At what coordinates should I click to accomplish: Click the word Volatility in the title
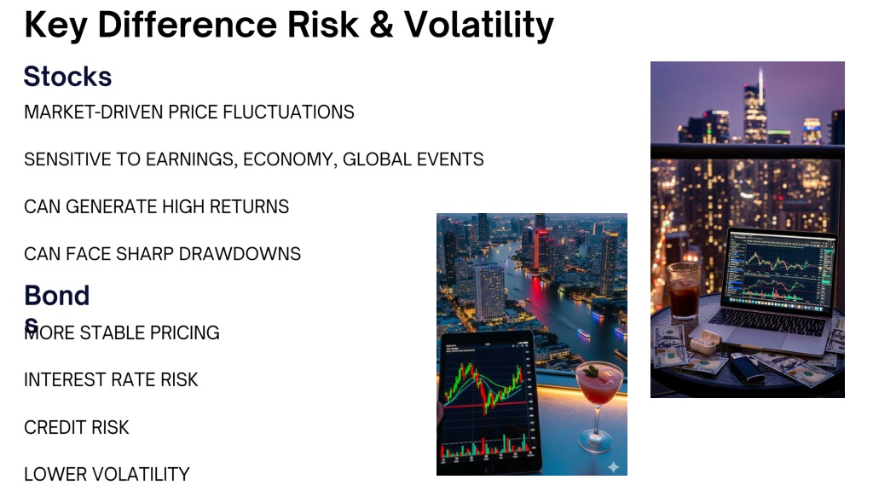click(478, 26)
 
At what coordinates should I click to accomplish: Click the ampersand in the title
click(381, 25)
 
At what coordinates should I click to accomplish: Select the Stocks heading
click(67, 76)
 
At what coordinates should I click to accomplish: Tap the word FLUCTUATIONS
click(288, 112)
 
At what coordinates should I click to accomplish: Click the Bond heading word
click(57, 296)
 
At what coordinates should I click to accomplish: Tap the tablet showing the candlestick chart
click(489, 401)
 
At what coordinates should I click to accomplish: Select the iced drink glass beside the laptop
click(684, 291)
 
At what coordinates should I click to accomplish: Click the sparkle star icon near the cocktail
click(613, 466)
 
